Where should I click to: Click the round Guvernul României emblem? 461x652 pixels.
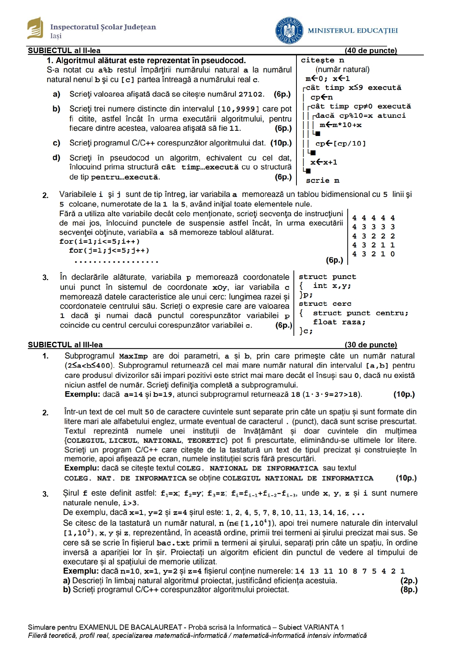coord(289,30)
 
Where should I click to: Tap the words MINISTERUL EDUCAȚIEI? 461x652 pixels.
coord(353,30)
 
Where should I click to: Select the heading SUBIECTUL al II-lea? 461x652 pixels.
coord(64,51)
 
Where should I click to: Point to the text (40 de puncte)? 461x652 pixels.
coord(370,51)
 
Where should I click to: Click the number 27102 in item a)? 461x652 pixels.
coord(251,94)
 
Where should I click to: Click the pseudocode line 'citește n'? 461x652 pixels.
coord(322,60)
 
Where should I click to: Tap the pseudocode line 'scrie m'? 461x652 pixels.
coord(322,181)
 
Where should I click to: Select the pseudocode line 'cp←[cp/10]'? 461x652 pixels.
coord(340,143)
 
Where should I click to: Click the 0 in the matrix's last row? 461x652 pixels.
coord(393,254)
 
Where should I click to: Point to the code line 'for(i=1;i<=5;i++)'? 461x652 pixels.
coord(99,241)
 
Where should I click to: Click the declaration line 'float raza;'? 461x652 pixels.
coord(339,322)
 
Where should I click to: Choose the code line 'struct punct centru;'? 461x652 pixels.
coord(360,313)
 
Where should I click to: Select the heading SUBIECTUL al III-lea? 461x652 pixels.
coord(65,345)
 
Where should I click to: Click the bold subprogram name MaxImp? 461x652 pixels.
coord(133,356)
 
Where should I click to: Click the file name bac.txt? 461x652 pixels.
coord(173,543)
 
